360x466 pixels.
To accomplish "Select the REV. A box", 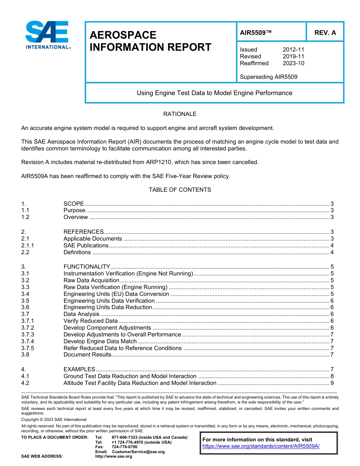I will click(x=325, y=33).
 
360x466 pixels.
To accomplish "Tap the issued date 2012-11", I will click(x=293, y=50).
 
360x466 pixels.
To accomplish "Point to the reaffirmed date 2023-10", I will click(x=293, y=63).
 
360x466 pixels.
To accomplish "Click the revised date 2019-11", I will click(x=293, y=56).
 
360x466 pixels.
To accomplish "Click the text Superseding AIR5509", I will click(x=268, y=77).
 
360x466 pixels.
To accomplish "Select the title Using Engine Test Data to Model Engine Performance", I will click(x=214, y=93).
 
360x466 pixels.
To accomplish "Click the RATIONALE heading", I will click(x=180, y=114).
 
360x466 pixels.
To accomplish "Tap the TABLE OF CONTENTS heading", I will click(x=180, y=189).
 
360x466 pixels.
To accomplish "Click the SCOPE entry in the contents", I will click(x=74, y=203).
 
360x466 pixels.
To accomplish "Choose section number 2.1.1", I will click(x=28, y=246).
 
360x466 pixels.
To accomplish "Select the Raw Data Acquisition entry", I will click(x=91, y=280).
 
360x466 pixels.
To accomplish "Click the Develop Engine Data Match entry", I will click(x=100, y=341).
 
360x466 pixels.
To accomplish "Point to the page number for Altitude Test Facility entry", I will click(x=332, y=383).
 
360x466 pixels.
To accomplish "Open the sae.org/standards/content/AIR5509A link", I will click(x=261, y=446).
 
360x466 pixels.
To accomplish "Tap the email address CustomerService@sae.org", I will click(x=138, y=452).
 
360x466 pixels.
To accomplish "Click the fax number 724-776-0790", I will click(x=124, y=447).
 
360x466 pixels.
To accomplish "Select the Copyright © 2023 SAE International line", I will click(x=54, y=419).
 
